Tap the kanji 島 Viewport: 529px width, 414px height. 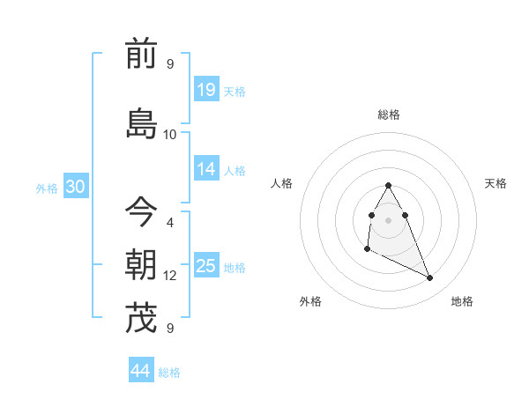[x=141, y=123]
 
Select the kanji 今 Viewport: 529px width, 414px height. [x=141, y=212]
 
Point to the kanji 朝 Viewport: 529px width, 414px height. [x=141, y=265]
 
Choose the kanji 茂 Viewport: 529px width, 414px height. [x=141, y=318]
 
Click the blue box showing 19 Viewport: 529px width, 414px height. [x=206, y=89]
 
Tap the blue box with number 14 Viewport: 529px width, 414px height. [x=206, y=169]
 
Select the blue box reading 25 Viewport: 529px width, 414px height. [x=206, y=266]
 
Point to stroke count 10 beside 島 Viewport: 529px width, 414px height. [x=170, y=134]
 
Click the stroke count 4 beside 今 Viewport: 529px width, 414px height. [x=170, y=222]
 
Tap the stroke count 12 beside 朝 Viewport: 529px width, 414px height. [x=170, y=276]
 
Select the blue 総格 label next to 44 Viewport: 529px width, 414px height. [x=169, y=373]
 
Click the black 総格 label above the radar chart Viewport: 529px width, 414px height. [x=389, y=115]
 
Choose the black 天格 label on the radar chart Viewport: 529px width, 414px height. [x=496, y=183]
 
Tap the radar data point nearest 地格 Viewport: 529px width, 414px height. [x=430, y=278]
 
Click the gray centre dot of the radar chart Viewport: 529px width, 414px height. [x=388, y=219]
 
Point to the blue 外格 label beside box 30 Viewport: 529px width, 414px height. [x=47, y=188]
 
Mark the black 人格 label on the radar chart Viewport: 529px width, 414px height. [x=282, y=183]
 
